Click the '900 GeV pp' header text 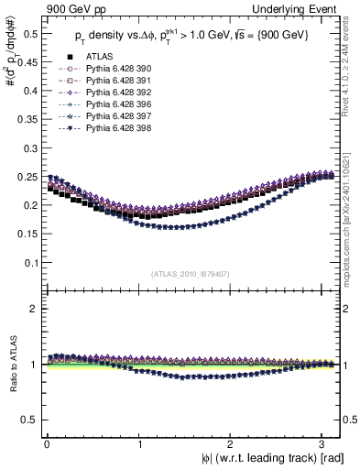coord(72,8)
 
